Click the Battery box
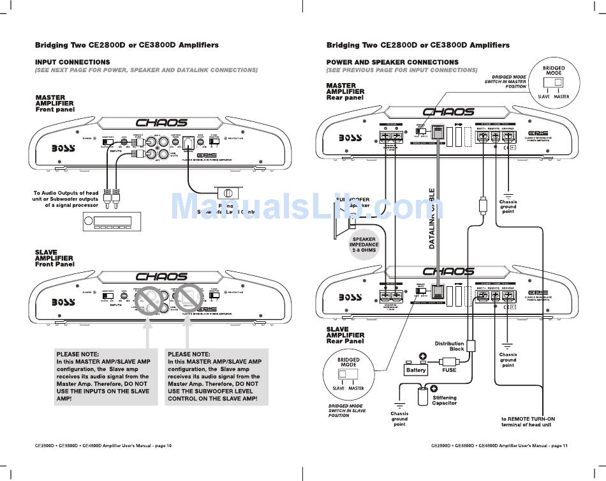(x=416, y=370)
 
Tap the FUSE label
(x=449, y=370)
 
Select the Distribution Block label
(x=450, y=346)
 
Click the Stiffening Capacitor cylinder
(x=423, y=396)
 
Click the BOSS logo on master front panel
(x=64, y=148)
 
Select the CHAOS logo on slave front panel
(x=161, y=277)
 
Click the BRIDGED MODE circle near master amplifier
(x=553, y=82)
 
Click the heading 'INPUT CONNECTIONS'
(x=72, y=62)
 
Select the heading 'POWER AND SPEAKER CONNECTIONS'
(x=392, y=62)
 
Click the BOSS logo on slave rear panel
(x=350, y=297)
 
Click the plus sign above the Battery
(x=422, y=356)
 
